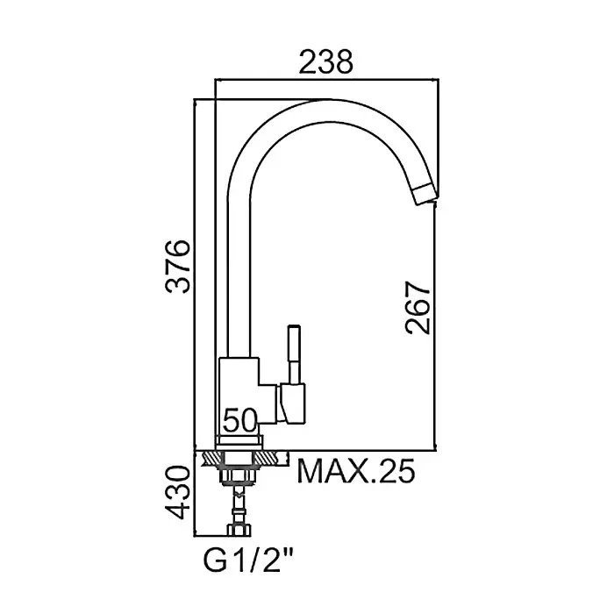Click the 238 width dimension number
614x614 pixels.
click(325, 62)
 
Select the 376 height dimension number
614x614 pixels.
click(178, 267)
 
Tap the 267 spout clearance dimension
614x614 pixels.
click(418, 307)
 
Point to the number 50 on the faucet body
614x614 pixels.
click(240, 420)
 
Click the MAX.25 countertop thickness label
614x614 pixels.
click(356, 472)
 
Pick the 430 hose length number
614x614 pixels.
click(178, 492)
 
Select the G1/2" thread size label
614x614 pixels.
click(248, 560)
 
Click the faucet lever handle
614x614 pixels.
click(294, 354)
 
